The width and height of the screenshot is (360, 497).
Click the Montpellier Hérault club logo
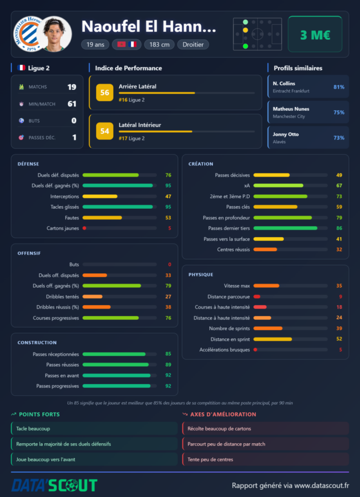[27, 34]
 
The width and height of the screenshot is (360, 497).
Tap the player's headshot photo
[54, 34]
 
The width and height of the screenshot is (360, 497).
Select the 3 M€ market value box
[315, 34]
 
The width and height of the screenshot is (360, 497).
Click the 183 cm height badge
[159, 44]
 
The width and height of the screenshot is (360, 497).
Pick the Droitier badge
[193, 44]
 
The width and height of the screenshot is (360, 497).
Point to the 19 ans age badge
[96, 44]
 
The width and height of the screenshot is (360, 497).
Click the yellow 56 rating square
[105, 93]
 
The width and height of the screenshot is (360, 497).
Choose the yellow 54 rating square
[105, 131]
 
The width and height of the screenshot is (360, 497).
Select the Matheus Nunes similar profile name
[291, 109]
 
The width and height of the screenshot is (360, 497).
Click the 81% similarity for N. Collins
[339, 87]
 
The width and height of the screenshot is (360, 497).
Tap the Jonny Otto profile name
[286, 134]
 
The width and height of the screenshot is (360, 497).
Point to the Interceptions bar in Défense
[119, 197]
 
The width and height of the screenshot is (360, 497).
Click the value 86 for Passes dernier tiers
[339, 228]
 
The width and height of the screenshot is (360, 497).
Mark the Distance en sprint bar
[291, 339]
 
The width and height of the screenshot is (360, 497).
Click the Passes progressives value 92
[168, 386]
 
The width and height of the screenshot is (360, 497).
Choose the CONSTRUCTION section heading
[37, 343]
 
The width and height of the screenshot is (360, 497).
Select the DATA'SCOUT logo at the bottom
[54, 485]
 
